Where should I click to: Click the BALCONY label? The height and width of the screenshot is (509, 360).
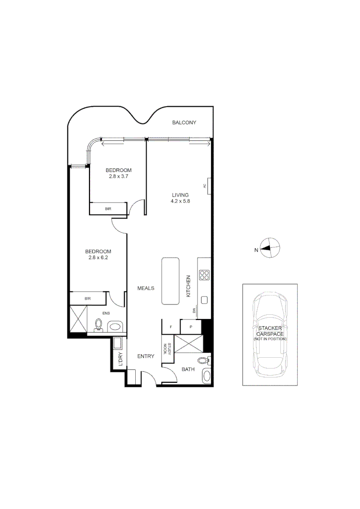pyautogui.click(x=184, y=123)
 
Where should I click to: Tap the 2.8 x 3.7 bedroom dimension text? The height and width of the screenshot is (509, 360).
pyautogui.click(x=118, y=176)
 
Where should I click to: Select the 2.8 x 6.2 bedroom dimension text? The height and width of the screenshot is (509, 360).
pyautogui.click(x=98, y=257)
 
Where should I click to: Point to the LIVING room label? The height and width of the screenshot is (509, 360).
pyautogui.click(x=180, y=195)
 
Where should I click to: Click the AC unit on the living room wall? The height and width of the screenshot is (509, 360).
pyautogui.click(x=208, y=185)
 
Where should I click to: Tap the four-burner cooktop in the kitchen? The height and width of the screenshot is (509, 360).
pyautogui.click(x=204, y=275)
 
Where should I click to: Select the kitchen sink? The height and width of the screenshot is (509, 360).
pyautogui.click(x=205, y=300)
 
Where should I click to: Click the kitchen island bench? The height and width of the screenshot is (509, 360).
pyautogui.click(x=169, y=281)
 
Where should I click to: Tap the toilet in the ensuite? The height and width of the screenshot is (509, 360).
pyautogui.click(x=99, y=325)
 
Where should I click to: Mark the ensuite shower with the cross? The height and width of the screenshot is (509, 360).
pyautogui.click(x=78, y=319)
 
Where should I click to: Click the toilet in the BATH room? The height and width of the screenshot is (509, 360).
pyautogui.click(x=204, y=361)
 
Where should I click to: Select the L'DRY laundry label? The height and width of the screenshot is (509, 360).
pyautogui.click(x=121, y=359)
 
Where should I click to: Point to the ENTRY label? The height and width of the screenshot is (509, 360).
pyautogui.click(x=146, y=356)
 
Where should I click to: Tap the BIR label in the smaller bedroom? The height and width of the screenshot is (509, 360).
pyautogui.click(x=108, y=208)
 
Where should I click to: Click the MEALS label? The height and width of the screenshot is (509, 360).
pyautogui.click(x=146, y=288)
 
